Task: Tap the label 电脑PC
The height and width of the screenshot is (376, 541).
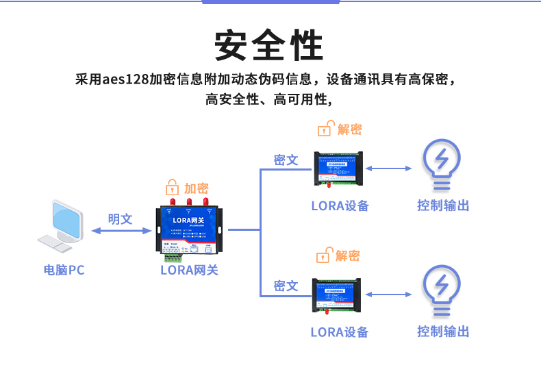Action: pyautogui.click(x=64, y=270)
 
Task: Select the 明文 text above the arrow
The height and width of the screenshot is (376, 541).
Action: pyautogui.click(x=120, y=218)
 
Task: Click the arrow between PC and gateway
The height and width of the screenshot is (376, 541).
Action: pyautogui.click(x=121, y=231)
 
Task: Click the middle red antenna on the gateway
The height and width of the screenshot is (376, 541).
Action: pyautogui.click(x=188, y=203)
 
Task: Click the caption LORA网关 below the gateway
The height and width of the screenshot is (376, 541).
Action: pyautogui.click(x=189, y=270)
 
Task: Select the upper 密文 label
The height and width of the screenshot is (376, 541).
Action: pyautogui.click(x=286, y=160)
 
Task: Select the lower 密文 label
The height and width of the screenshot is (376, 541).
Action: pyautogui.click(x=286, y=286)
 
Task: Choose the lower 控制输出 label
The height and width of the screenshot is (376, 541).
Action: pyautogui.click(x=443, y=331)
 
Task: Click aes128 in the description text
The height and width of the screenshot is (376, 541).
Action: pyautogui.click(x=125, y=79)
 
